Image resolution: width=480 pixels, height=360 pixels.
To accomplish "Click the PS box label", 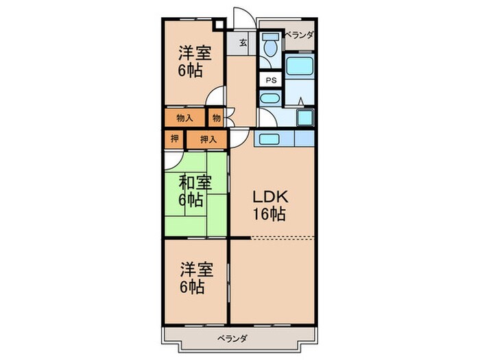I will pos(270,79).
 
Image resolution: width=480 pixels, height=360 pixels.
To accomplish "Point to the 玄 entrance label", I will pos(243,43).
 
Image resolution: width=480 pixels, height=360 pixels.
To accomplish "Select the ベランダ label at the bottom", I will pos(235,339).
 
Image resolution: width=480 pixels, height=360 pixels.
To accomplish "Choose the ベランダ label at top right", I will pos(299,34).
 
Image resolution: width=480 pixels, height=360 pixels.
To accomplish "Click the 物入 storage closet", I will pos(184,118).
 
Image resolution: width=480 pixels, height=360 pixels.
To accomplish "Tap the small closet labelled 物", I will pos(216,118).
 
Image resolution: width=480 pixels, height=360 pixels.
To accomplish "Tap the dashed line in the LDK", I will pos(283,237).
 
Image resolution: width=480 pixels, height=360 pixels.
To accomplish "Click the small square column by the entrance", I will pos(219,26).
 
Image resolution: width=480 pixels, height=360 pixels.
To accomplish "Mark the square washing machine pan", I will pos(304,117).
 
